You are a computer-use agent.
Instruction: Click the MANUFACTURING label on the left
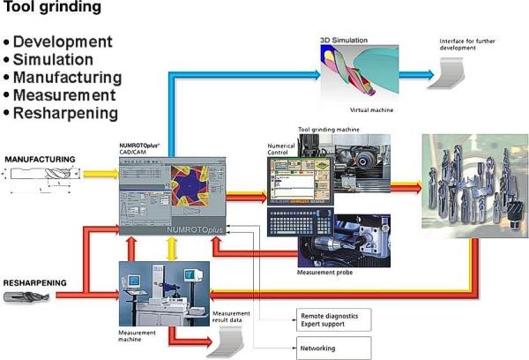pos(41,159)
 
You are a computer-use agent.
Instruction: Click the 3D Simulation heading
pos(343,41)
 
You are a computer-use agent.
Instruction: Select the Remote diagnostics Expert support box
pos(328,319)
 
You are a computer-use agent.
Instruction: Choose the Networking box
pos(328,348)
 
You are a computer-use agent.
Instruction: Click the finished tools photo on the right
pos(474,185)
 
